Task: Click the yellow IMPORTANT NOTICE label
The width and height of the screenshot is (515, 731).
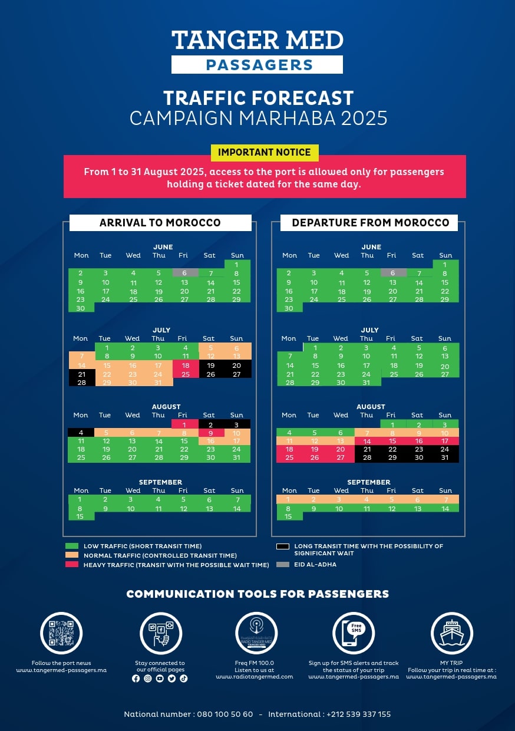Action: click(x=265, y=152)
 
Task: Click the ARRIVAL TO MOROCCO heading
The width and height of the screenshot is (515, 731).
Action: click(x=160, y=223)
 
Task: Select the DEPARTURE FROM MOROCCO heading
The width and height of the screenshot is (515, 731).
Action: click(x=370, y=223)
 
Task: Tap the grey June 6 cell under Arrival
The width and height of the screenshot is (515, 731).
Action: click(x=184, y=273)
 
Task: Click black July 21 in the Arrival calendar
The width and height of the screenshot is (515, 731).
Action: click(x=81, y=374)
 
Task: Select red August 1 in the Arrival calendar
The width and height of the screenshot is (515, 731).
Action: click(x=184, y=424)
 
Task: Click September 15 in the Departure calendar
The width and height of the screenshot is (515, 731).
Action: click(x=289, y=516)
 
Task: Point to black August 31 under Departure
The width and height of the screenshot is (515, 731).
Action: click(x=445, y=457)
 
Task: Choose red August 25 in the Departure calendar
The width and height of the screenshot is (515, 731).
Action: click(x=289, y=457)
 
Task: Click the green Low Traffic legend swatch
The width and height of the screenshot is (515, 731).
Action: click(x=72, y=546)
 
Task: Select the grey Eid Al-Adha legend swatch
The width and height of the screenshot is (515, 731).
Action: click(x=283, y=564)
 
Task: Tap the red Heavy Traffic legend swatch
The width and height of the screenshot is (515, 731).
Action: click(x=72, y=565)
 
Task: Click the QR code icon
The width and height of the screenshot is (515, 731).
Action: click(x=61, y=633)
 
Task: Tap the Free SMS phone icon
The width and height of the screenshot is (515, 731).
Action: click(x=354, y=633)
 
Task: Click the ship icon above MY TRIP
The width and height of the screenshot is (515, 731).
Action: click(x=452, y=633)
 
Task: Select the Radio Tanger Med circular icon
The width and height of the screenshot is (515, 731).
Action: click(x=256, y=633)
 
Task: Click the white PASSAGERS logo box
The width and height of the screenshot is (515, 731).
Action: click(x=257, y=65)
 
